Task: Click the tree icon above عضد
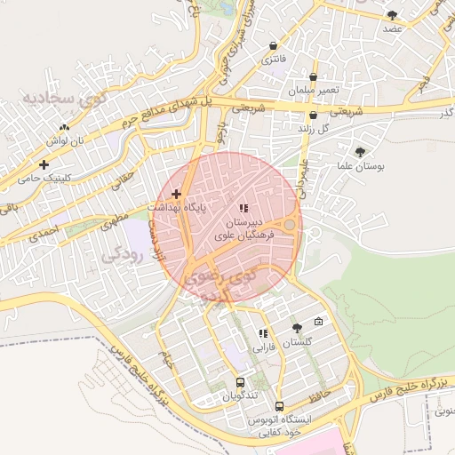click(392, 15)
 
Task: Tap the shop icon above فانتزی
click(273, 46)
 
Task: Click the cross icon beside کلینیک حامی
click(44, 164)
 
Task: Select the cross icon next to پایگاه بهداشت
click(176, 193)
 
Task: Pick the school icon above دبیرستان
click(243, 207)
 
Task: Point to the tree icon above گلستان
click(297, 328)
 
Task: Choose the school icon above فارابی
click(262, 333)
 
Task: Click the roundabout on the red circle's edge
click(289, 225)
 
